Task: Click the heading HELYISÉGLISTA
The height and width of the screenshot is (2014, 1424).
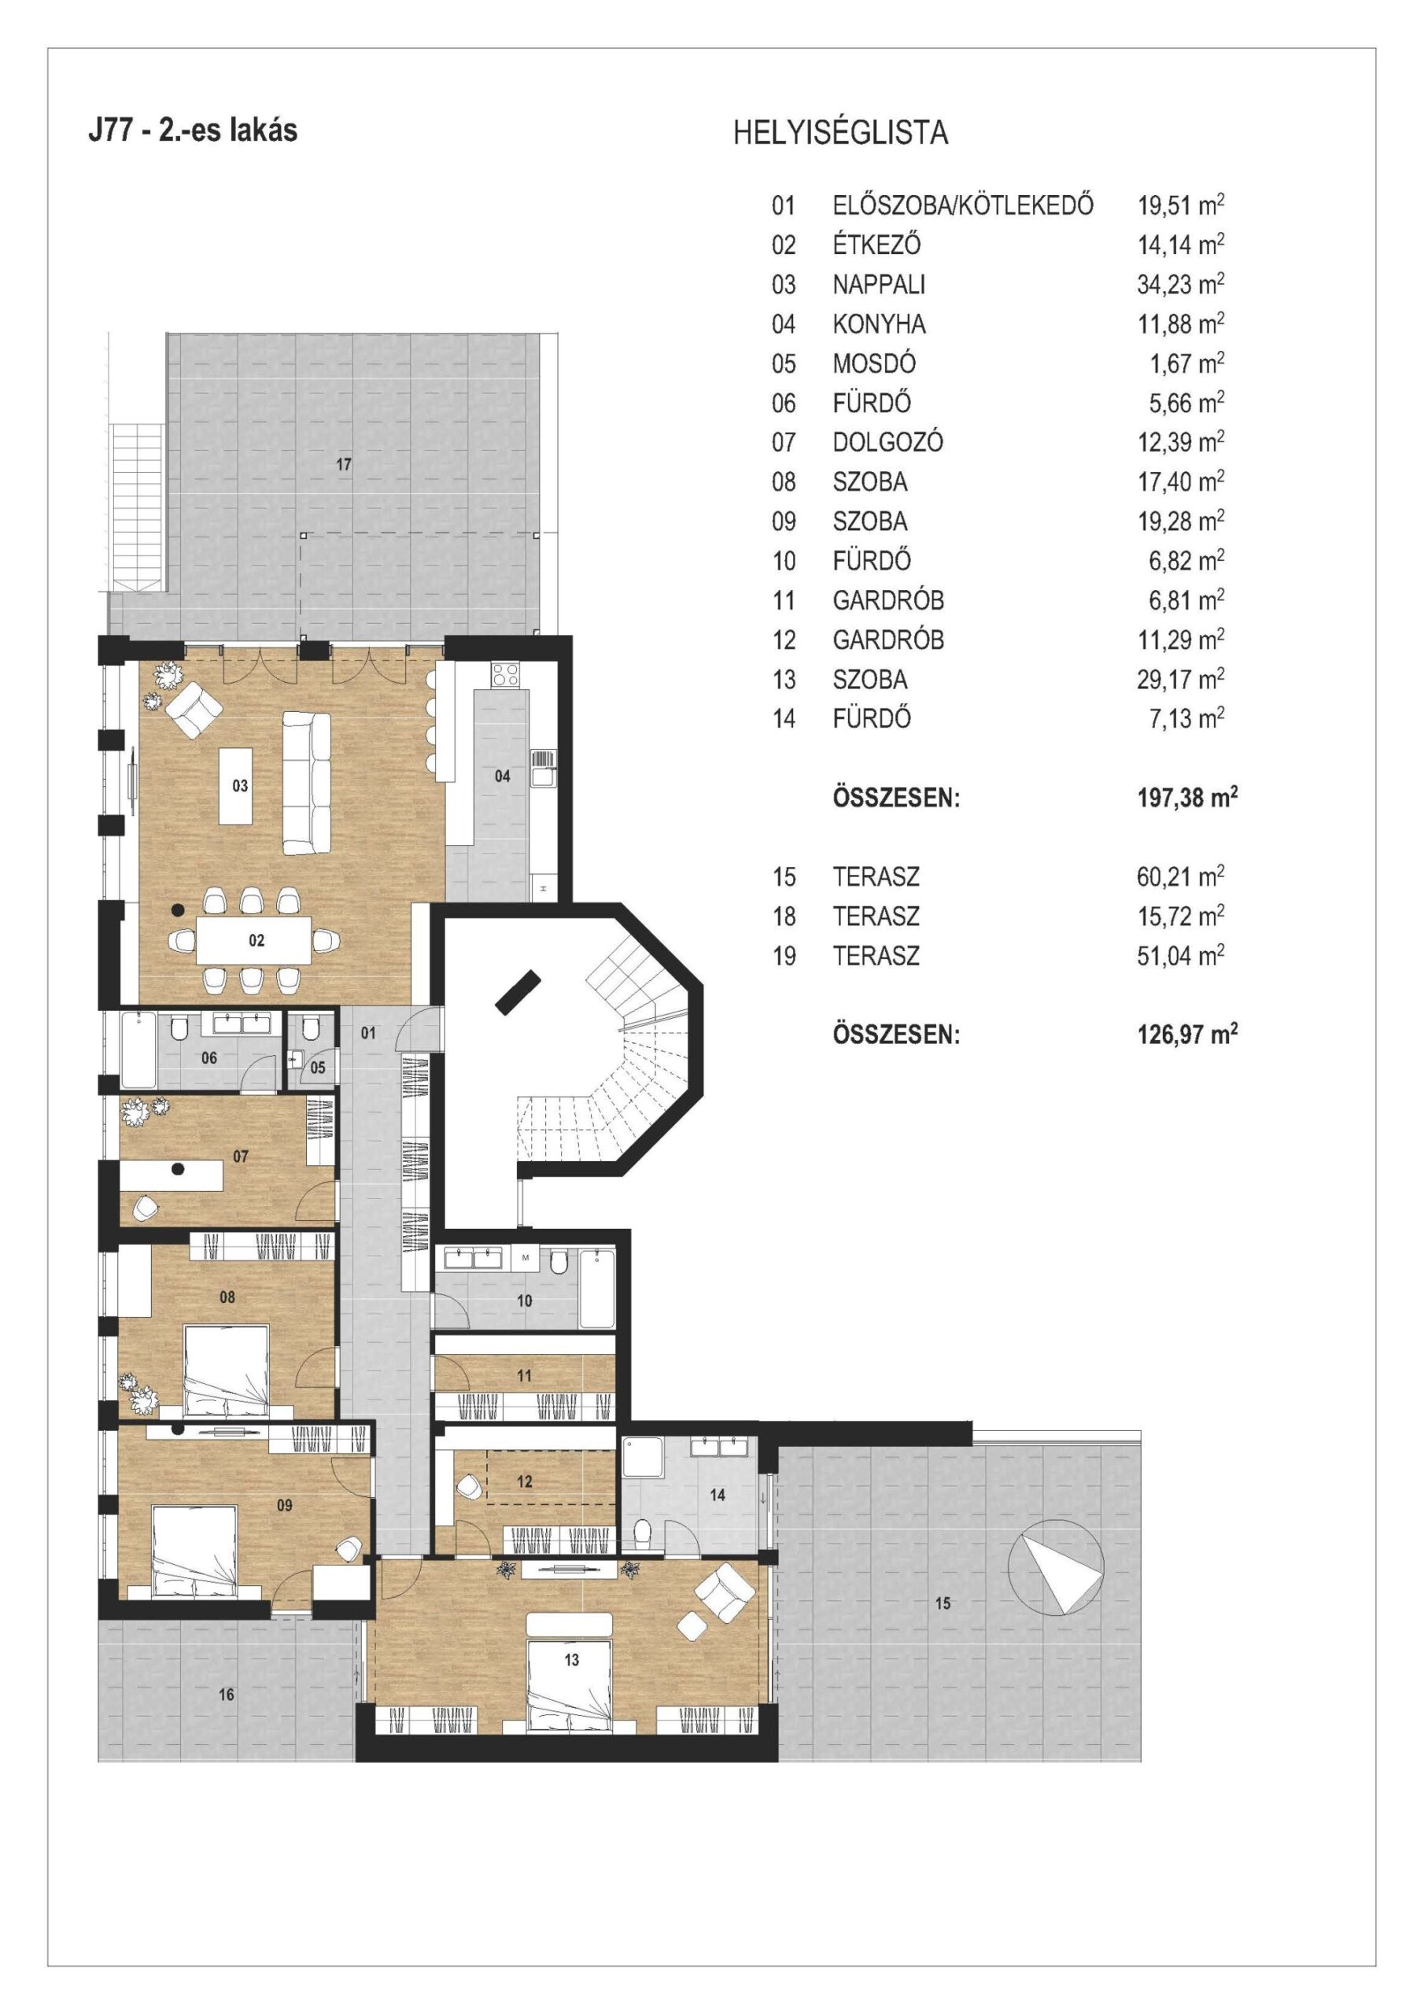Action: (839, 132)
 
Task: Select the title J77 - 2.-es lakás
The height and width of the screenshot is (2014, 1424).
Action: (193, 129)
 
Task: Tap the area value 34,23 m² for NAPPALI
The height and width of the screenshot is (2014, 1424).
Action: (1180, 283)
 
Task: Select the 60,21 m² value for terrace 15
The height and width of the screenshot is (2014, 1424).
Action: (1180, 876)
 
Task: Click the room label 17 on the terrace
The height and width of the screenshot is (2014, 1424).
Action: (344, 464)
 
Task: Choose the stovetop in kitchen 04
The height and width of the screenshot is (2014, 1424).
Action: (504, 673)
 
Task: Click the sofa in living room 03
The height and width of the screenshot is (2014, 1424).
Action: (306, 784)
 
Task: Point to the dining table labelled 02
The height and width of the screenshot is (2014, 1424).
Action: (253, 940)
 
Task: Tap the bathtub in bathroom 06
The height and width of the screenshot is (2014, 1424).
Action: (138, 1050)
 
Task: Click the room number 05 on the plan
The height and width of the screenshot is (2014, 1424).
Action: (318, 1068)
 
